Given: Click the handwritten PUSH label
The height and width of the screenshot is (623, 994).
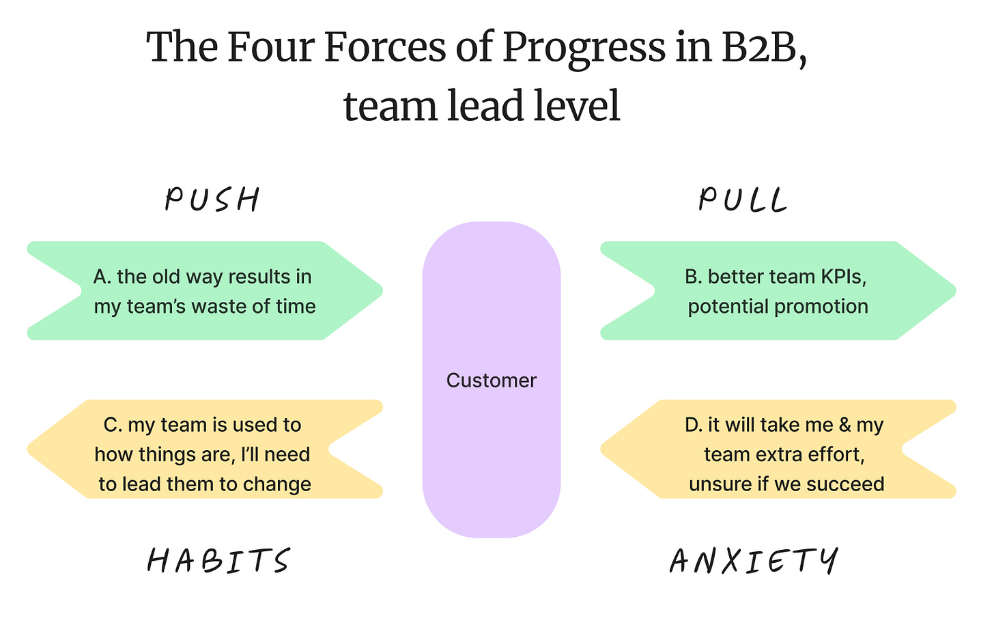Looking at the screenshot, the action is (x=212, y=199).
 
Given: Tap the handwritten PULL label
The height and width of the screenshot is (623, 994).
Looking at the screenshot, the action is (x=743, y=199).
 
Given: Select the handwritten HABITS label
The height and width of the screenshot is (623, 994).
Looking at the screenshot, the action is (x=218, y=561).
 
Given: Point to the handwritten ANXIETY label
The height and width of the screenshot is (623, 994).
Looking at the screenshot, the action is (x=754, y=561).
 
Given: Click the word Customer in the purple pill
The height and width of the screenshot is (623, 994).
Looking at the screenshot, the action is (x=492, y=380).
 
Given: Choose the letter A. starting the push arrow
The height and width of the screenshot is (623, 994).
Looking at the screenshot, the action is (x=102, y=277).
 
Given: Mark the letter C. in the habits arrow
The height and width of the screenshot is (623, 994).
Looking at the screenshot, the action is (x=113, y=425).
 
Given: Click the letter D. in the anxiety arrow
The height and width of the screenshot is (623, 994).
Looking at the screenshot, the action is (x=694, y=425).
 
